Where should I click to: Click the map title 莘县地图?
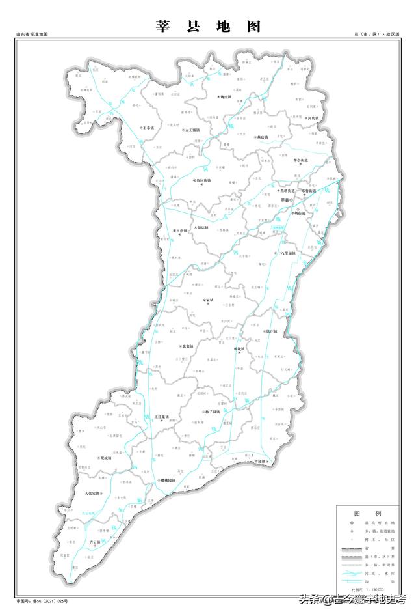(209, 27)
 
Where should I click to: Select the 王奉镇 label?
(149, 128)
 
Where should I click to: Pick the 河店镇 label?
(313, 118)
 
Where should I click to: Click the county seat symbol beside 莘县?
(292, 199)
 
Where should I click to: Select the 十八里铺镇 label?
(287, 253)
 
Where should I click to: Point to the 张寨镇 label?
(186, 346)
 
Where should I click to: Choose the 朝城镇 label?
(239, 349)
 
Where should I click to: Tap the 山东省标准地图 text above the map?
(32, 33)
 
